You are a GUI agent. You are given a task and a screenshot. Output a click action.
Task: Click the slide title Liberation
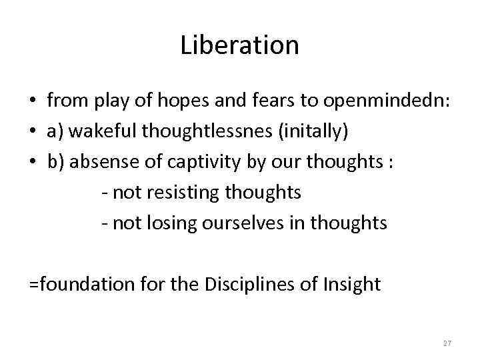[239, 46]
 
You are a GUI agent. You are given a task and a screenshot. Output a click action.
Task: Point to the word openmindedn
[387, 101]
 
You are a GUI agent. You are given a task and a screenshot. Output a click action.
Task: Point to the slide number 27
[447, 343]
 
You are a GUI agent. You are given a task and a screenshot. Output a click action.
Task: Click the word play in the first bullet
[112, 101]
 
